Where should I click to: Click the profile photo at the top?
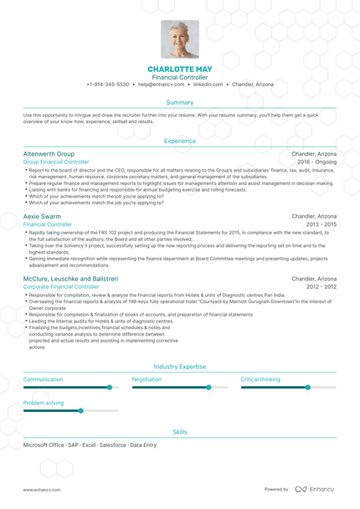tap(180, 39)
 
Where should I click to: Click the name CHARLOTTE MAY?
tap(180, 69)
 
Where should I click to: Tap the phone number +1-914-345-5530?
tap(108, 85)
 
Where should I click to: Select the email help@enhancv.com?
tap(161, 85)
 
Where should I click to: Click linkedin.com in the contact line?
tap(208, 85)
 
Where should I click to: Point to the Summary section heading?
tap(180, 102)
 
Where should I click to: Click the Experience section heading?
tap(180, 141)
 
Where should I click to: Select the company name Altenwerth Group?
tap(49, 155)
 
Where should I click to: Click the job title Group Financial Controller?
tap(56, 162)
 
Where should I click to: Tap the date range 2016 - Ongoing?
tap(316, 162)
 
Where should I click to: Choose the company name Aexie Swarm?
tap(42, 216)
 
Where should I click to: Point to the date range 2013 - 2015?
tap(321, 224)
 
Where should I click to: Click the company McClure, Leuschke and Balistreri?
tap(70, 279)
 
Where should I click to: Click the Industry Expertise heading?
tap(180, 367)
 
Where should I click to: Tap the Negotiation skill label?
tap(147, 379)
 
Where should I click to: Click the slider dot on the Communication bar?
tap(110, 388)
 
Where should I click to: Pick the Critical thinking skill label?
tap(260, 379)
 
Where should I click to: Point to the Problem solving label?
tap(44, 403)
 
